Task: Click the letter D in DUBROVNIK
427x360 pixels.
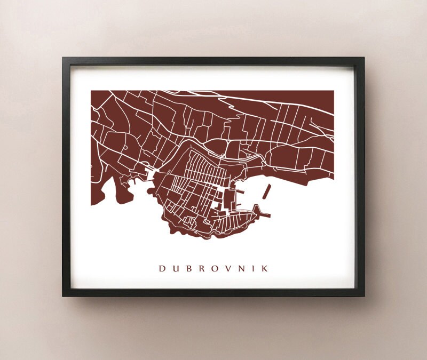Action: click(x=161, y=269)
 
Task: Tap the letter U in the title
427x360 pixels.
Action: click(x=175, y=269)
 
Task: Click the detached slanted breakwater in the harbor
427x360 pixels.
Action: click(x=266, y=191)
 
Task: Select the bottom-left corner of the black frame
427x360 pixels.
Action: click(x=63, y=295)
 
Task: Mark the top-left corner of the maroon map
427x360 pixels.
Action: click(x=91, y=91)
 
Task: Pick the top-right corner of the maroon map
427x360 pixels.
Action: click(x=334, y=91)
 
